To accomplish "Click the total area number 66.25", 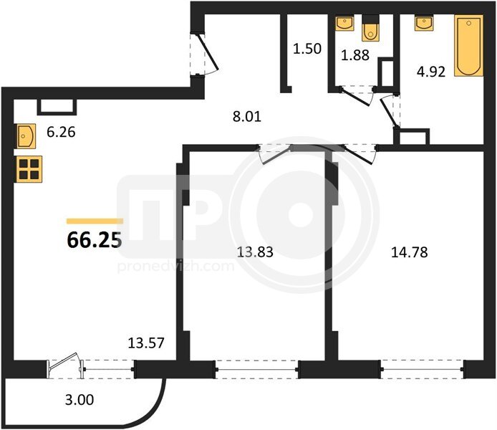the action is [x=95, y=240].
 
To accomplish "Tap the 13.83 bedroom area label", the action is [x=255, y=252].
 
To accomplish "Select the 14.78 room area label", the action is [x=410, y=252].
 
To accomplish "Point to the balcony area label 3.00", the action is [x=79, y=400].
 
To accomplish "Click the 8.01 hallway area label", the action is [x=247, y=117].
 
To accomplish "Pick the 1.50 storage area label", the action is [x=307, y=49].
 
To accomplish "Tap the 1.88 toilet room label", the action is [x=355, y=55].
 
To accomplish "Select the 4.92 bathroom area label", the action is [x=431, y=72].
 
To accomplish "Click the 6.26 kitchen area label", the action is [x=61, y=132].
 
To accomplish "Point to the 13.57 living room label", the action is [x=146, y=343].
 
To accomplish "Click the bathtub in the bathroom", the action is [x=469, y=46].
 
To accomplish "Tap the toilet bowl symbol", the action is [x=370, y=32].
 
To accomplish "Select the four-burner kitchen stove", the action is [x=29, y=169].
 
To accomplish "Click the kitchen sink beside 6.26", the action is [x=25, y=136].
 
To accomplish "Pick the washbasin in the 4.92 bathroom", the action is [x=424, y=23].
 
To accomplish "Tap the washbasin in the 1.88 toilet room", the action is [x=345, y=23].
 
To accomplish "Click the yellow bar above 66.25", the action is [x=95, y=221].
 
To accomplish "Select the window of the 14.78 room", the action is [x=423, y=369].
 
